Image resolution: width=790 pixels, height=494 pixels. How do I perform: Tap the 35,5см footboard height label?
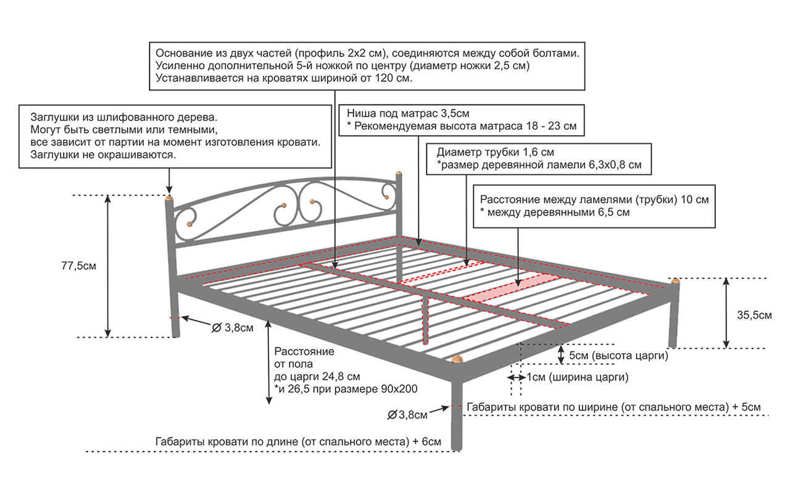pos(754,315)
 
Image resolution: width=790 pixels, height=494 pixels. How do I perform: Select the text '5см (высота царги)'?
pos(618,356)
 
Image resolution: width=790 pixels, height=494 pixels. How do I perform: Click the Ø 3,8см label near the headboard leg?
pos(232,327)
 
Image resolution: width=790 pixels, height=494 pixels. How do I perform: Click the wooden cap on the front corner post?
pos(457,359)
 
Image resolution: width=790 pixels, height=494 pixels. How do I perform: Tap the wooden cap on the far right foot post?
pos(675,281)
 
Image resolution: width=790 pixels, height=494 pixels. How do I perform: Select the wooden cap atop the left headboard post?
pos(169,198)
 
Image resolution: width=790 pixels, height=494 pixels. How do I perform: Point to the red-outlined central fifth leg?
pos(426,318)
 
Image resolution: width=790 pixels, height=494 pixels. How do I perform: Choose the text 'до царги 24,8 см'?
pos(317,377)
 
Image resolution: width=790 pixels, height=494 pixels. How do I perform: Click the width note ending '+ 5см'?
pos(614,408)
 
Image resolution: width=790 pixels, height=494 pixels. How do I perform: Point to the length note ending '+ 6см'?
pos(298,443)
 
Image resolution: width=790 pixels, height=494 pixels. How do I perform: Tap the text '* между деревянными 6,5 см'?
pos(555,212)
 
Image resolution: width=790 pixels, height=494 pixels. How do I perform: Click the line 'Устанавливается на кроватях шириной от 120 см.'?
pos(284,78)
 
